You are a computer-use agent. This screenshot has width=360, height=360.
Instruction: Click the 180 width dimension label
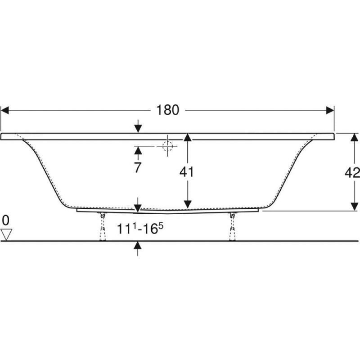167,110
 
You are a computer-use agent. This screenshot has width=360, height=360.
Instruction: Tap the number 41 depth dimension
186,172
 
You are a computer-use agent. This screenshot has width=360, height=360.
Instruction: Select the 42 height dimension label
352,173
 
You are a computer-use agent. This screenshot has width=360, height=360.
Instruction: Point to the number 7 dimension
137,167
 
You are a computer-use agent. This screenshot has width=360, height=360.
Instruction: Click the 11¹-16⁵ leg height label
140,229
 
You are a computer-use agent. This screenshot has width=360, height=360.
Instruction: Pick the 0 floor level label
5,220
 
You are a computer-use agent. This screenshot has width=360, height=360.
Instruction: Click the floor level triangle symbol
6,234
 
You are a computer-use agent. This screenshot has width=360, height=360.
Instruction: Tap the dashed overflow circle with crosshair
167,146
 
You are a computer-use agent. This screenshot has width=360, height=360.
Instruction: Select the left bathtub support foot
103,227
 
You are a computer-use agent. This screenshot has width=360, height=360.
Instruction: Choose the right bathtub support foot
232,227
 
